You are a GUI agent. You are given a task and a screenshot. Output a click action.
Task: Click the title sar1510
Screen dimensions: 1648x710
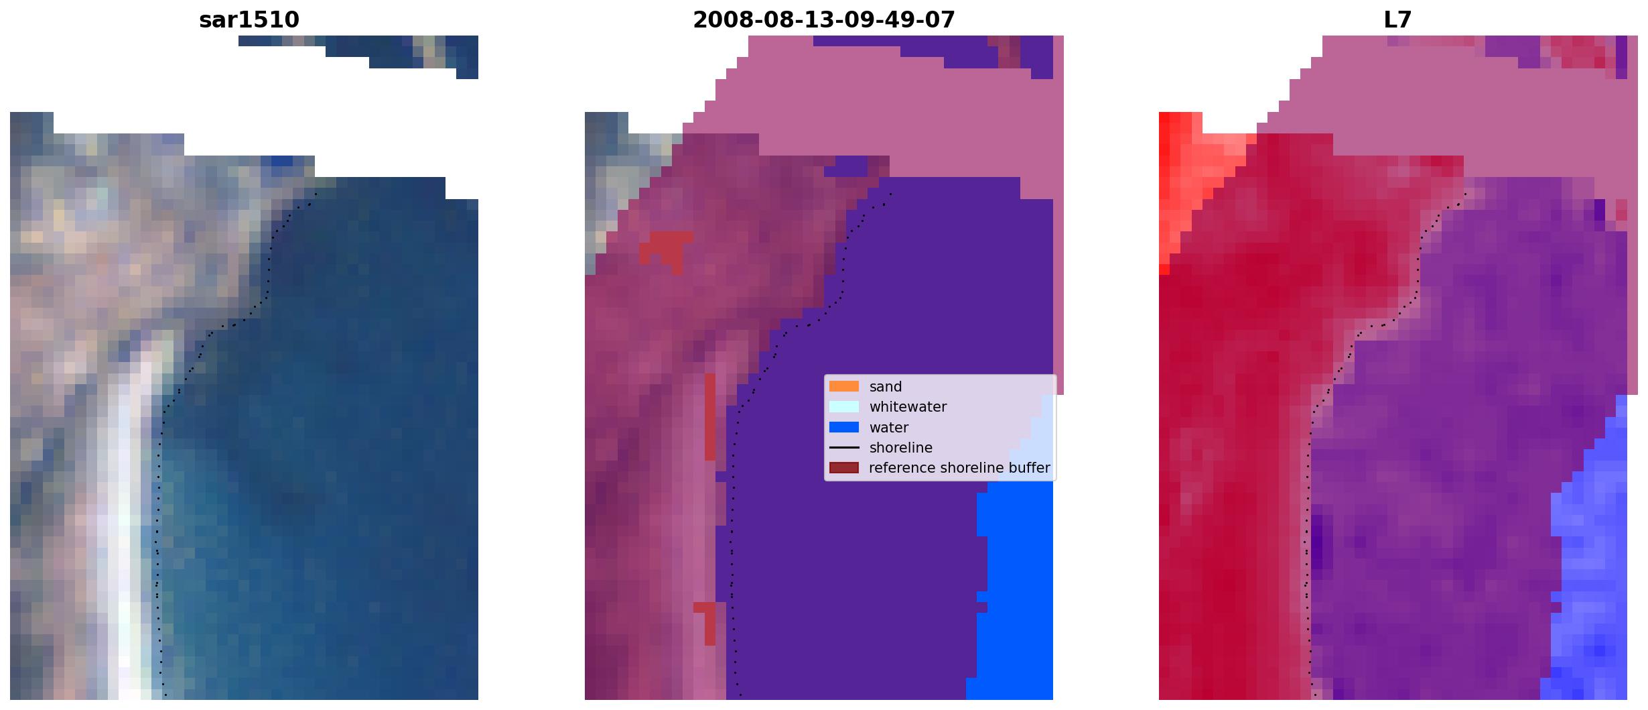[x=249, y=20]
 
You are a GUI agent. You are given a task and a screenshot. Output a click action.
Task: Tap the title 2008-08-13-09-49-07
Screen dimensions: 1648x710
[x=824, y=20]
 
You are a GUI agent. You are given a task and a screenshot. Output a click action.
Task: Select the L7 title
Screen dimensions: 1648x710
[x=1397, y=20]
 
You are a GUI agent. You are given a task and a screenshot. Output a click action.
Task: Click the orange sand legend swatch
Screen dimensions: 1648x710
[x=844, y=386]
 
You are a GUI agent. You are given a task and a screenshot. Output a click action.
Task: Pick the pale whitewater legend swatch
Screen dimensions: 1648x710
[x=844, y=406]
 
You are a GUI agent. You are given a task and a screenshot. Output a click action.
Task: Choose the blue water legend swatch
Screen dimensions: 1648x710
[x=844, y=427]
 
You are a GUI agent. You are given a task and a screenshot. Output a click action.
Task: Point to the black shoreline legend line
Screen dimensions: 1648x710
[x=844, y=447]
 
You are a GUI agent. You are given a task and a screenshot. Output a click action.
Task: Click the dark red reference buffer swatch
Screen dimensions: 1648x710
[x=844, y=467]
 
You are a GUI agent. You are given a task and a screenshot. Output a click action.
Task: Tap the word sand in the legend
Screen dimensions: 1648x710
[x=886, y=387]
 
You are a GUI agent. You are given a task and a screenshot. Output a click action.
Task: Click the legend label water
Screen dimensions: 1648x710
[x=889, y=428]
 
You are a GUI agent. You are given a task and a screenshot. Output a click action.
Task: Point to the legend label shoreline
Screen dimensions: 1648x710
[x=901, y=447]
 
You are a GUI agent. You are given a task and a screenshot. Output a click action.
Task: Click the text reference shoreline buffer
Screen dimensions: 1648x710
[x=959, y=468]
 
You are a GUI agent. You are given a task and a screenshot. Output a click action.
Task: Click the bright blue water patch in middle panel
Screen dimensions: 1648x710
[x=1015, y=590]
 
